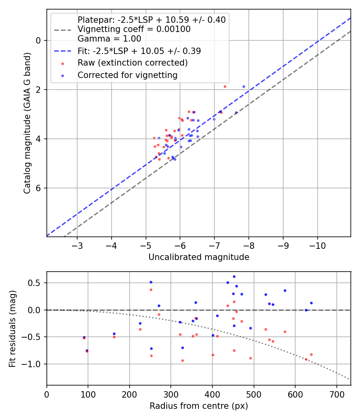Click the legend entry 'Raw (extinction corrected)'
132,63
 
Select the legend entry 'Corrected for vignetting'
128,75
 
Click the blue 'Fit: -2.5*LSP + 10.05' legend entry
139,51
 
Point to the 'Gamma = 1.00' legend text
109,39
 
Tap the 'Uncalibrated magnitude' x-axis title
199,257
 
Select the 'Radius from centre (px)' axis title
199,406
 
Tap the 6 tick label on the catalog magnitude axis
39,188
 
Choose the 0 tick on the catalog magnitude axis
39,40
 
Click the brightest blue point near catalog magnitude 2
244,86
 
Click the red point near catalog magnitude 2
225,86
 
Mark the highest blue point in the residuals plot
234,276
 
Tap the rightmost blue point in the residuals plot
311,303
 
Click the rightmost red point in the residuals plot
311,354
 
